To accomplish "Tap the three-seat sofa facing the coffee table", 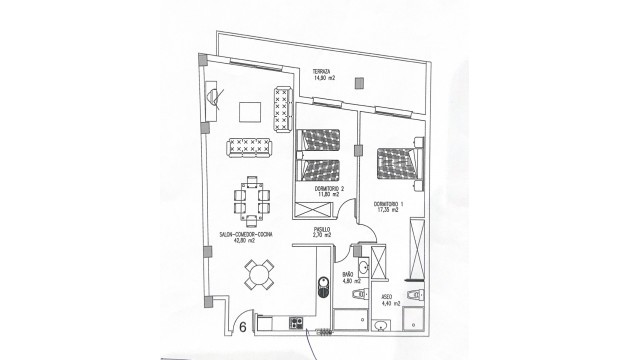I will tap(254, 148).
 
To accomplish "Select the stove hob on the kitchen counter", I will tap(296, 323).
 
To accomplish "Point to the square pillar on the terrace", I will tap(206, 61).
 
